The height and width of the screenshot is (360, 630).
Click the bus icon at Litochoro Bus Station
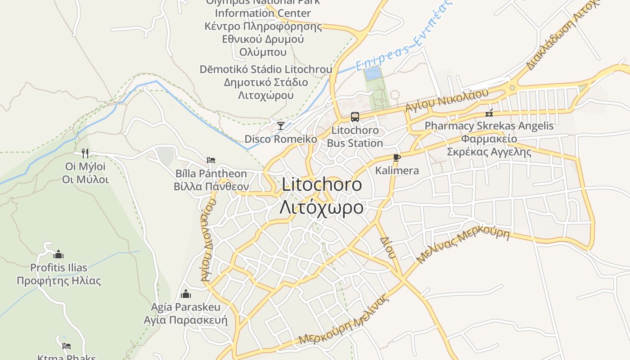[355, 117]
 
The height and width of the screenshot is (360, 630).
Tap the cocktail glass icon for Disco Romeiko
[281, 126]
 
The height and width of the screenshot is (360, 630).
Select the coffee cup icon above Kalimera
[396, 157]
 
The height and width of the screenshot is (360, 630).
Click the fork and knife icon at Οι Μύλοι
[85, 153]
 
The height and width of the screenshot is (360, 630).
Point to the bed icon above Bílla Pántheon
[211, 160]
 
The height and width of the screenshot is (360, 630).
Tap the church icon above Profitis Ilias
[58, 254]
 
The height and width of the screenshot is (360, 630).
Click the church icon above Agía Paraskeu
[185, 294]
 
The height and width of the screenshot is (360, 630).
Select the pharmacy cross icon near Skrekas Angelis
[489, 113]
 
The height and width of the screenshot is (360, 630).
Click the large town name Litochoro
[322, 184]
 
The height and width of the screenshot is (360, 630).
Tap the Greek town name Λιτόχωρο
[322, 207]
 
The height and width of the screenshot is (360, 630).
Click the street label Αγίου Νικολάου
[446, 100]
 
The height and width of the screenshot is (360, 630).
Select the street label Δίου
[387, 247]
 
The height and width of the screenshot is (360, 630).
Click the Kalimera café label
[397, 171]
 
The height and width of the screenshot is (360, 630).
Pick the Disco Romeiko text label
[281, 139]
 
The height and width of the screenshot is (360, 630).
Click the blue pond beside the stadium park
[372, 73]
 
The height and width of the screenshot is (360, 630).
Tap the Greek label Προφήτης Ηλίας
[58, 281]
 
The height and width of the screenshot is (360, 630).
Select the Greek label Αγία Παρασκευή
[185, 320]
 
